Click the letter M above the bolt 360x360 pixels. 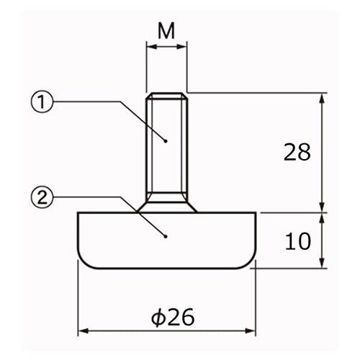tap(166, 31)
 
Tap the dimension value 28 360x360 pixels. tap(297, 152)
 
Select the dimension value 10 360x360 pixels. tap(297, 241)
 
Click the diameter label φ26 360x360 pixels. tap(173, 318)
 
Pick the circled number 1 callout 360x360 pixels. tap(42, 102)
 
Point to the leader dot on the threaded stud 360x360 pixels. tap(166, 140)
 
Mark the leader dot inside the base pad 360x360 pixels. tap(166, 236)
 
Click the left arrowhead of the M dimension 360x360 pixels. tap(151, 47)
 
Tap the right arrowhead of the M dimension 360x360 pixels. tap(181, 47)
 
